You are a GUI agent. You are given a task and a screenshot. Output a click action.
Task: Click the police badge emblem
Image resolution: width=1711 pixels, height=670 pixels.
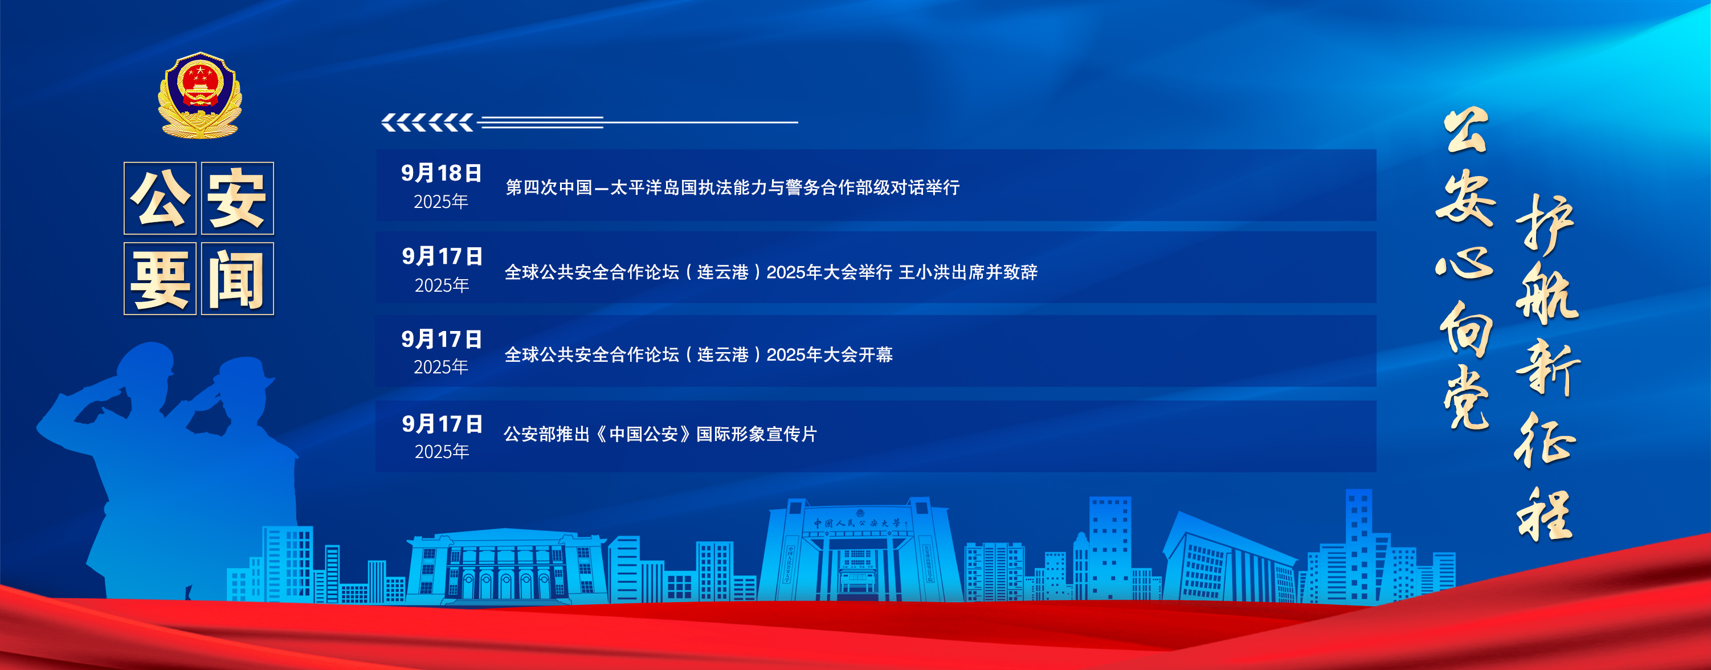(199, 95)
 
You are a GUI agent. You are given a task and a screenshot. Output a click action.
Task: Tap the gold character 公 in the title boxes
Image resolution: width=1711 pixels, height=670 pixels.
(160, 198)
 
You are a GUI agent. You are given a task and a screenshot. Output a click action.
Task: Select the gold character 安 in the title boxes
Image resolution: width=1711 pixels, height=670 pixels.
(237, 198)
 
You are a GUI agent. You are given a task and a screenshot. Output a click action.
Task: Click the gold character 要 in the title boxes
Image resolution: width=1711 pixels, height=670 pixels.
(160, 279)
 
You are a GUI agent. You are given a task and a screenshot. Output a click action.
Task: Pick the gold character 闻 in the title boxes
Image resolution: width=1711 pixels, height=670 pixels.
(237, 279)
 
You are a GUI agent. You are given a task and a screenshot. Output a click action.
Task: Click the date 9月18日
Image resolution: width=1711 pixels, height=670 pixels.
(441, 173)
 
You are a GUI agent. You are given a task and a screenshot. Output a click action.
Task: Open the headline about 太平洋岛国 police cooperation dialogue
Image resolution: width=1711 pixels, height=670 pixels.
(733, 187)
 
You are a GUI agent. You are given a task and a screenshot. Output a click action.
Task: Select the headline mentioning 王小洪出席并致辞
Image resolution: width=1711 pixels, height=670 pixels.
(770, 272)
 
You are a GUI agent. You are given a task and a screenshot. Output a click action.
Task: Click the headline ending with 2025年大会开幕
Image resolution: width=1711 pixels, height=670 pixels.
(698, 354)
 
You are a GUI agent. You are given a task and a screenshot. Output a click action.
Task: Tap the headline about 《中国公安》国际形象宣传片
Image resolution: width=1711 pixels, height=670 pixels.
(660, 434)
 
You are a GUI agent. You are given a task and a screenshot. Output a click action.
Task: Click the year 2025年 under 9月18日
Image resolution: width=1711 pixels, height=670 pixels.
(441, 202)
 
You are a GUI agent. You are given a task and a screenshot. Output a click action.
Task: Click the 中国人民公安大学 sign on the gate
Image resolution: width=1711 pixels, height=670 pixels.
(858, 523)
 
